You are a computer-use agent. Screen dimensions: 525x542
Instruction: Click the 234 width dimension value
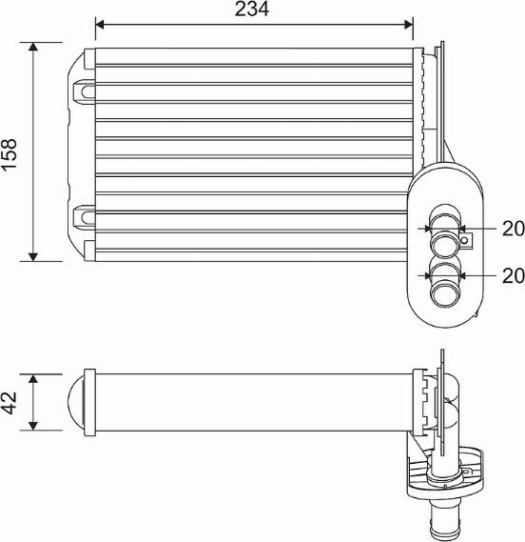pyautogui.click(x=252, y=10)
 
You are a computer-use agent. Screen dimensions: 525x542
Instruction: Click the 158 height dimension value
pyautogui.click(x=10, y=154)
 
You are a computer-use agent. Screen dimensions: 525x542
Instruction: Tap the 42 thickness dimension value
pyautogui.click(x=10, y=403)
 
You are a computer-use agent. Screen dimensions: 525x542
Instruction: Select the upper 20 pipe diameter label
pyautogui.click(x=514, y=229)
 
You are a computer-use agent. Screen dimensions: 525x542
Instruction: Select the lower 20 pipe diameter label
pyautogui.click(x=514, y=276)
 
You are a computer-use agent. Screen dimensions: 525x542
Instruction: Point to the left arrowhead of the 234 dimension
pyautogui.click(x=100, y=25)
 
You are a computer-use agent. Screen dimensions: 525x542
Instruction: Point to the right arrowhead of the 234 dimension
pyautogui.click(x=408, y=25)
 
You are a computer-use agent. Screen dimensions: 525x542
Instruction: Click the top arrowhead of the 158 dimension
pyautogui.click(x=33, y=47)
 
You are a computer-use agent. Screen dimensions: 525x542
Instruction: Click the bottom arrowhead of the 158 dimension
pyautogui.click(x=33, y=257)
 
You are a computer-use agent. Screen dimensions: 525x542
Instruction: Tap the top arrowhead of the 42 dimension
pyautogui.click(x=33, y=378)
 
